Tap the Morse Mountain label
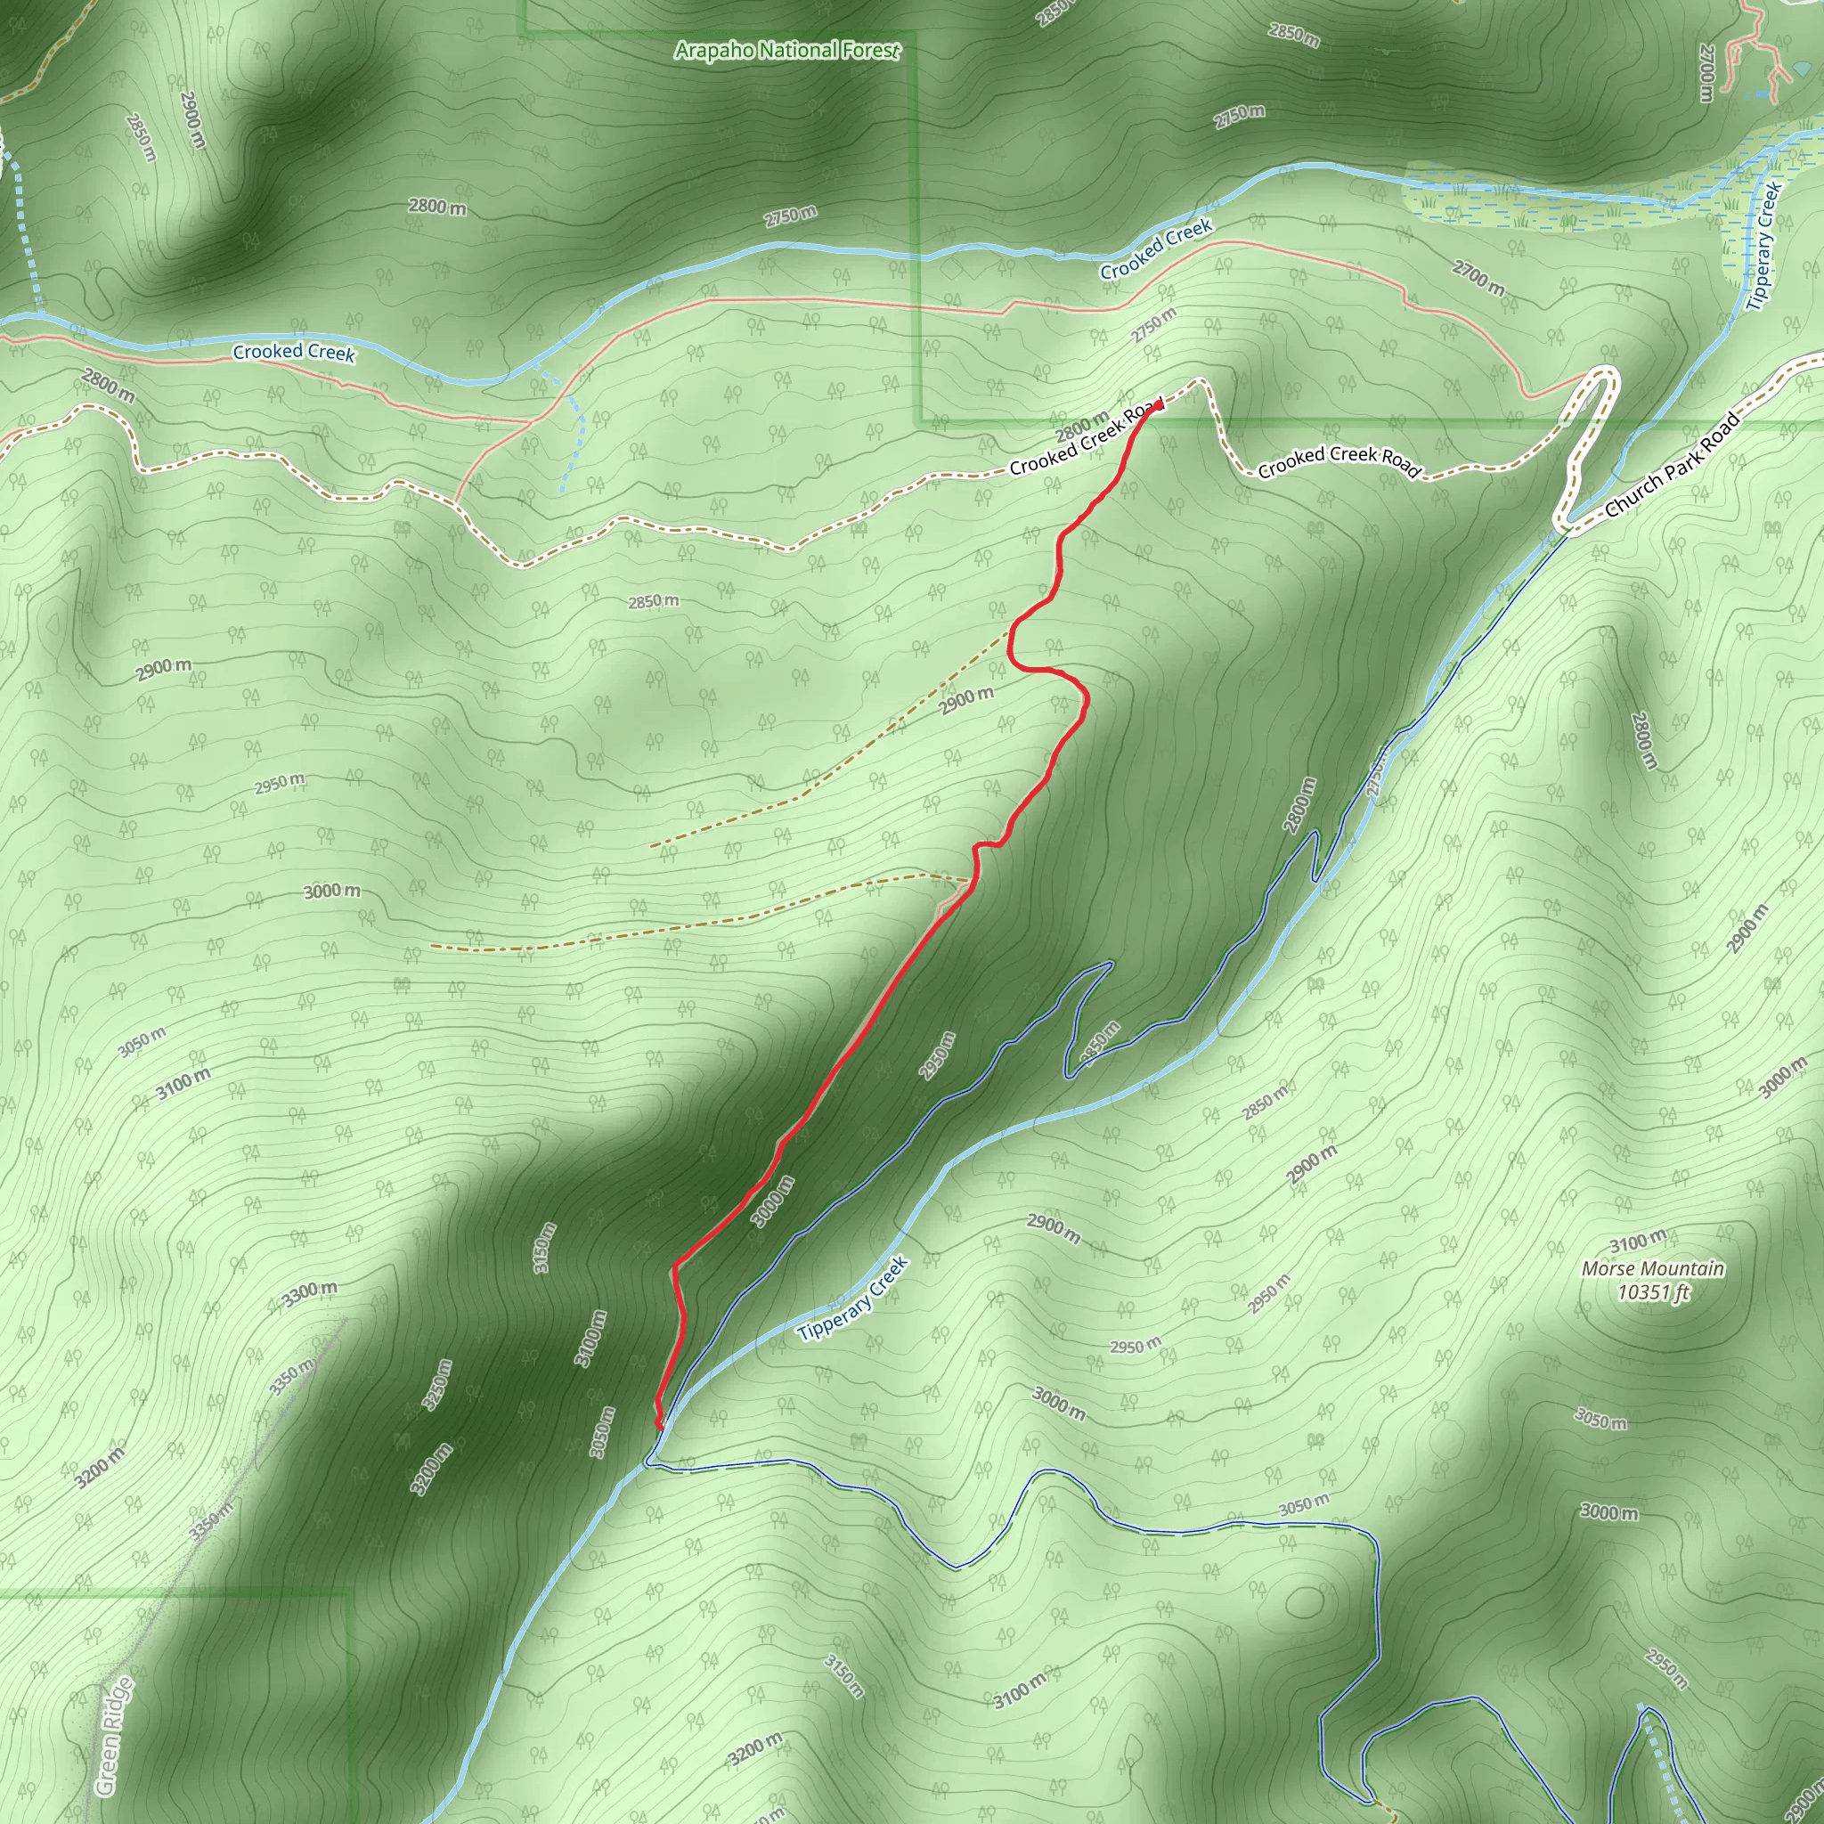[1653, 1269]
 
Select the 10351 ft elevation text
[1653, 1292]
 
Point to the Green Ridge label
[114, 1736]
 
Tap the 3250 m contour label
[438, 1385]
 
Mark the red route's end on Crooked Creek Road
[1159, 404]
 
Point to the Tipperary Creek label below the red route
[851, 1299]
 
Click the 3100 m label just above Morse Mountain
[1638, 1241]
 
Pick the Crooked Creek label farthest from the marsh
[294, 352]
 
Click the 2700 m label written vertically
[1706, 73]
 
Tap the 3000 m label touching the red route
[772, 1201]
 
